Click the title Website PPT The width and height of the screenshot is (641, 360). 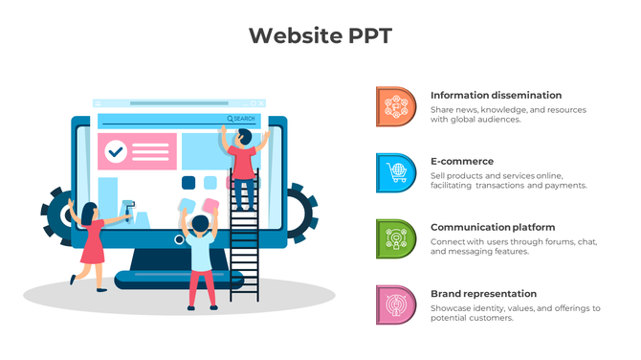click(x=320, y=35)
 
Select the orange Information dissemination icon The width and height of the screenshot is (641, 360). click(x=395, y=106)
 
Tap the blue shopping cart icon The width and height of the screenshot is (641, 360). click(x=395, y=172)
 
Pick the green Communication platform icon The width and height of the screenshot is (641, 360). click(x=395, y=238)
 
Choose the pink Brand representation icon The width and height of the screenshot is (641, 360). click(x=395, y=304)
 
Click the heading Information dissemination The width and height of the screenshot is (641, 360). click(x=496, y=96)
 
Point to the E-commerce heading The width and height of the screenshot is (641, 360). click(x=462, y=162)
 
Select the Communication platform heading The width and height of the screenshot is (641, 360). click(x=493, y=228)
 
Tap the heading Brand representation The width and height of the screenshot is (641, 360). click(x=483, y=294)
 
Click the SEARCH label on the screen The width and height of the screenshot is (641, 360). click(x=244, y=119)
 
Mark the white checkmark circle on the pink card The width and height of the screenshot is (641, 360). click(x=117, y=150)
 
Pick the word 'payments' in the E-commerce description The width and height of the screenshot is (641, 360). click(x=564, y=186)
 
